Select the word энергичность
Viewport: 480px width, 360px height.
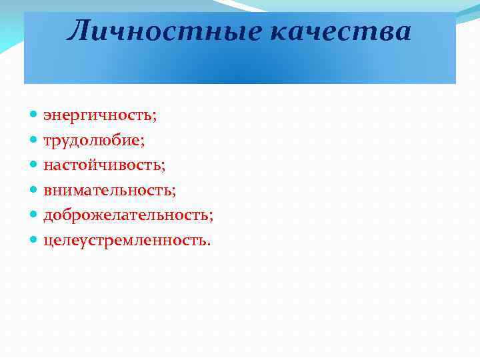[x=97, y=116]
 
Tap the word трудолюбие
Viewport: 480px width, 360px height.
[x=92, y=141]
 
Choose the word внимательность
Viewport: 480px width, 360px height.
[x=108, y=190]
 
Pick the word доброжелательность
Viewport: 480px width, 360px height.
[x=127, y=215]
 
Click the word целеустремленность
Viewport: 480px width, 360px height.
[x=125, y=240]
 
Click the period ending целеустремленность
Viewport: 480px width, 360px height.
[x=209, y=243]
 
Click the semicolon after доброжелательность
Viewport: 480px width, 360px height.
[x=211, y=217]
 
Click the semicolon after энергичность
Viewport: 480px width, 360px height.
[x=155, y=118]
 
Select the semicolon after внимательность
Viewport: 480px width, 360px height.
[x=174, y=192]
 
